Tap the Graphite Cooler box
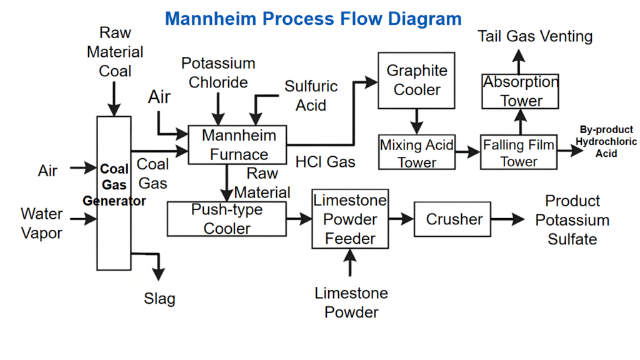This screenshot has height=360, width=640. tap(416, 80)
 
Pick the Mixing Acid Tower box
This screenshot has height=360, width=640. tap(417, 153)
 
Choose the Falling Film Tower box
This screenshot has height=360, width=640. tap(518, 153)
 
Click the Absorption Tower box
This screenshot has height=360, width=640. tap(520, 91)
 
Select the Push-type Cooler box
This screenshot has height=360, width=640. tap(226, 219)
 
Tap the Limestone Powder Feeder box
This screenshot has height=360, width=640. tap(350, 219)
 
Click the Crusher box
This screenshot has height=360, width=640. tap(454, 219)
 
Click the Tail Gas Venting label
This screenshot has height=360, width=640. tap(535, 36)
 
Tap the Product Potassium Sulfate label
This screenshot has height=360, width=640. tap(572, 220)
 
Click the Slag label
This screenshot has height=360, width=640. tap(159, 298)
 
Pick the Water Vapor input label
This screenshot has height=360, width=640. tap(42, 223)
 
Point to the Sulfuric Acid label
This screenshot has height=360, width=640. tap(311, 96)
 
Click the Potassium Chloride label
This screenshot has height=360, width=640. tap(218, 72)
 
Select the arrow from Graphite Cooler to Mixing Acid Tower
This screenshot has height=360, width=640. tap(416, 120)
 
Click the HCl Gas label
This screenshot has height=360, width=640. tap(325, 162)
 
